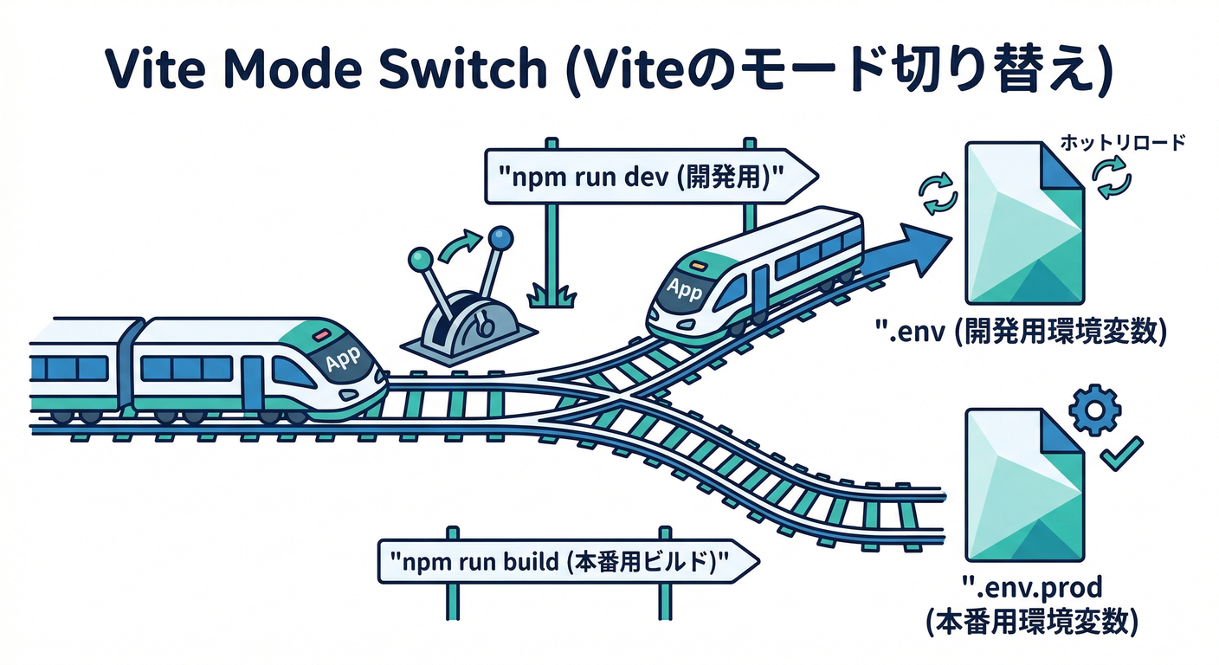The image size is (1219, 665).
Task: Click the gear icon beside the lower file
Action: [1095, 410]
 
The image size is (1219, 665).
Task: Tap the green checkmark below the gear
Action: [1120, 454]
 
